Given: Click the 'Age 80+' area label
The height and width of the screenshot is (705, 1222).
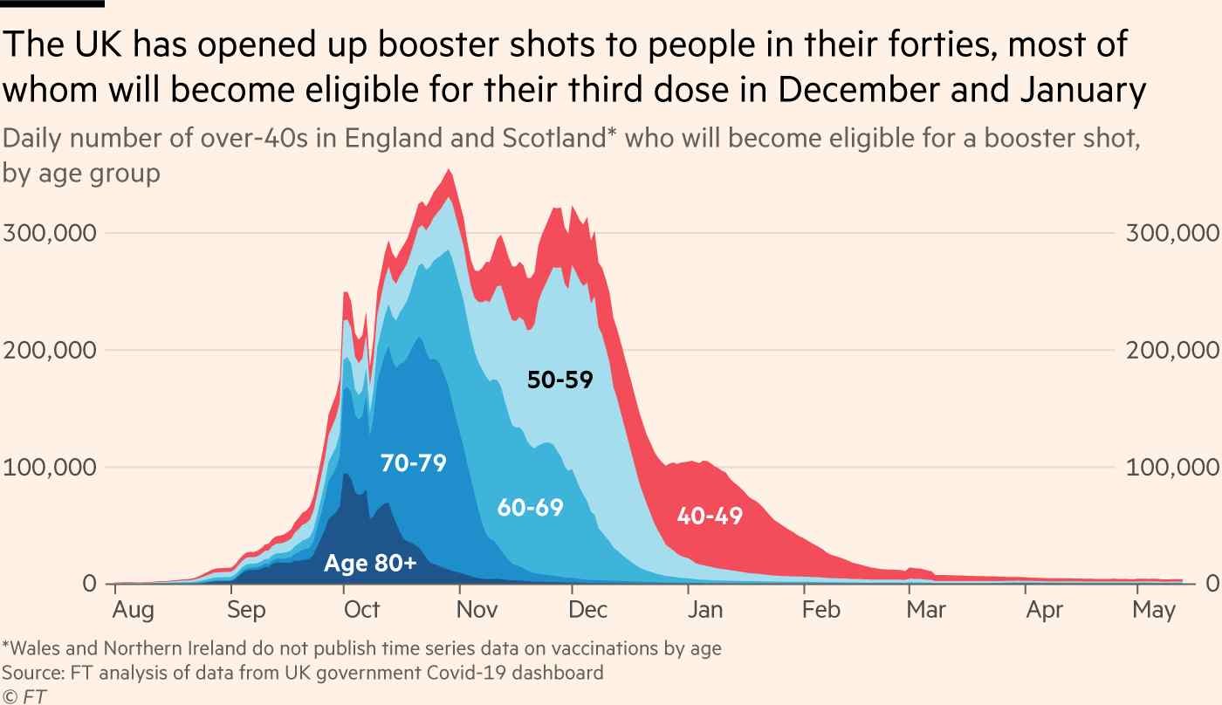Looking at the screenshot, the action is point(370,563).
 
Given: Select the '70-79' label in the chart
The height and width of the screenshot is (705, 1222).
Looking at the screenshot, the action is point(414,463).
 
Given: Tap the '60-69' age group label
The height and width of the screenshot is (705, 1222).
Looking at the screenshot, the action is point(531,508).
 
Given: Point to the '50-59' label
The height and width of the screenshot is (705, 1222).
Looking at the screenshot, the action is point(560,380).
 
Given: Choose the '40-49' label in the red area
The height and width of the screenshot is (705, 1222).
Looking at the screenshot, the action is point(710,516).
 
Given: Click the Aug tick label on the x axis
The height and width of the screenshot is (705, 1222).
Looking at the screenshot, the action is point(133,610).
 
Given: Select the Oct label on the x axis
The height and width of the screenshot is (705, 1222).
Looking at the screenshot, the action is point(361,609).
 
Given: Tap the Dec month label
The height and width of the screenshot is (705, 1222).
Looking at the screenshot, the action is point(587,609).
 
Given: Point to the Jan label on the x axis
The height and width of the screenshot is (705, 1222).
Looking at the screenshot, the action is point(705,609).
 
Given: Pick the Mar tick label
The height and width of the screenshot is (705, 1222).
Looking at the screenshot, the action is point(926,609).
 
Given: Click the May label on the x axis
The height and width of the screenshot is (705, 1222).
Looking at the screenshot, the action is point(1153,610).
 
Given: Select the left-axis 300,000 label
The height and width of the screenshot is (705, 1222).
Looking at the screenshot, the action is point(50,233).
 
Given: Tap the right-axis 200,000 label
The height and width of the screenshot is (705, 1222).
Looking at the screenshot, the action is point(1172,350).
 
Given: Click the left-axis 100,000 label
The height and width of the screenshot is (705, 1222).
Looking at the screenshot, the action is point(50,468).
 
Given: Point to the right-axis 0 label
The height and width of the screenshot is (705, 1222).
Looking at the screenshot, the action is point(1212,584).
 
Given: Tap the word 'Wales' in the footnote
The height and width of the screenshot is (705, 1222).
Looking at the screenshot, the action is point(34,648).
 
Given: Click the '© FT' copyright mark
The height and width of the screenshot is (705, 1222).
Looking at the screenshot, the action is point(24,696).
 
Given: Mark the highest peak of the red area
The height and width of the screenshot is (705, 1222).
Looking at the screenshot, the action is point(450,169).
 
